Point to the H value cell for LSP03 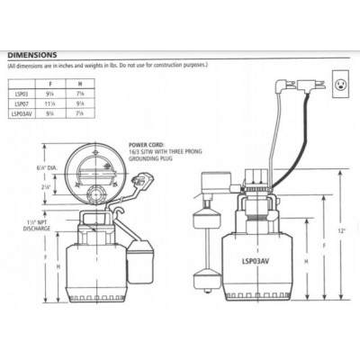[106, 93]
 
